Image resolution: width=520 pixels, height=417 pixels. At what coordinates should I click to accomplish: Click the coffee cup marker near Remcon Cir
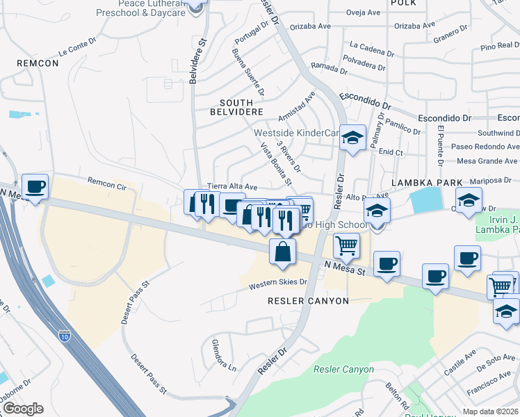35,187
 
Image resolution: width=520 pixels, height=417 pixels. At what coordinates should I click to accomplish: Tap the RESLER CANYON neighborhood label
308,300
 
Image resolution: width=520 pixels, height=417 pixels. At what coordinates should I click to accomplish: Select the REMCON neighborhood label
38,63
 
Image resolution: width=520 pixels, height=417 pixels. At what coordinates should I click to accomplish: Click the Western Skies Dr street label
279,283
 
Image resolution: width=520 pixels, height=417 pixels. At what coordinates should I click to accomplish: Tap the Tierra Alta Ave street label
233,187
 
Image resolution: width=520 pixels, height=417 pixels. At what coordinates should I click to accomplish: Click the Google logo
23,409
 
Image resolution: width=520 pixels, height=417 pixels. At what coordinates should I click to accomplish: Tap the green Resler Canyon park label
343,369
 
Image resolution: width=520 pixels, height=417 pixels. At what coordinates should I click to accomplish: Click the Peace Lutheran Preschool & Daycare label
132,8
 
